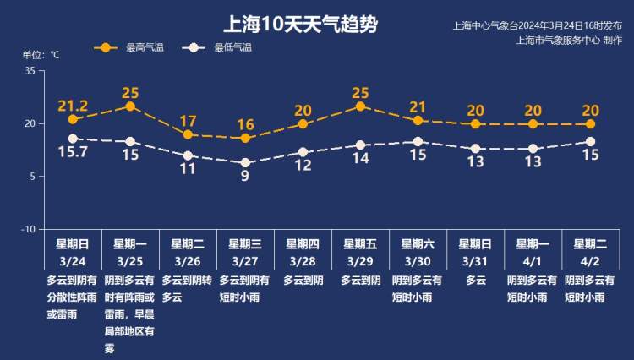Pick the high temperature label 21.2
(x=73, y=106)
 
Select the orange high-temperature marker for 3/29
(x=361, y=106)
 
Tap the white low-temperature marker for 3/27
(x=246, y=162)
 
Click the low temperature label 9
(x=245, y=176)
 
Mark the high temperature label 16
(x=245, y=125)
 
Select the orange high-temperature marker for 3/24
(x=73, y=119)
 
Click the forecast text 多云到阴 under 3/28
(x=303, y=280)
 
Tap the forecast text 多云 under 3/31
(x=476, y=280)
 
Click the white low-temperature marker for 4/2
(x=591, y=142)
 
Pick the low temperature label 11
(x=188, y=168)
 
